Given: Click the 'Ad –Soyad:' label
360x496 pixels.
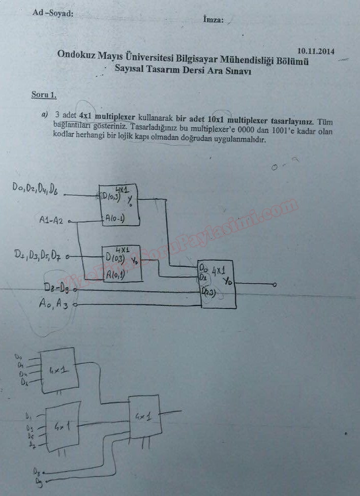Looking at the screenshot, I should pos(53,14).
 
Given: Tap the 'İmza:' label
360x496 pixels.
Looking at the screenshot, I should pos(213,20).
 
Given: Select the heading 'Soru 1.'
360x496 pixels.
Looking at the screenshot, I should pos(44,95).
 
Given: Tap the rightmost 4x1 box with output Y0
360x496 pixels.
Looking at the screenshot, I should pos(218,285).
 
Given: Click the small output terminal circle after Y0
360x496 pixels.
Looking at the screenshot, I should pos(275,285).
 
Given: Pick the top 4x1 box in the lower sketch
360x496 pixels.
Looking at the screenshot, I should pos(61,370).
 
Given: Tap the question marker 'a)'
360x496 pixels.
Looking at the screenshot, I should pos(45,114).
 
